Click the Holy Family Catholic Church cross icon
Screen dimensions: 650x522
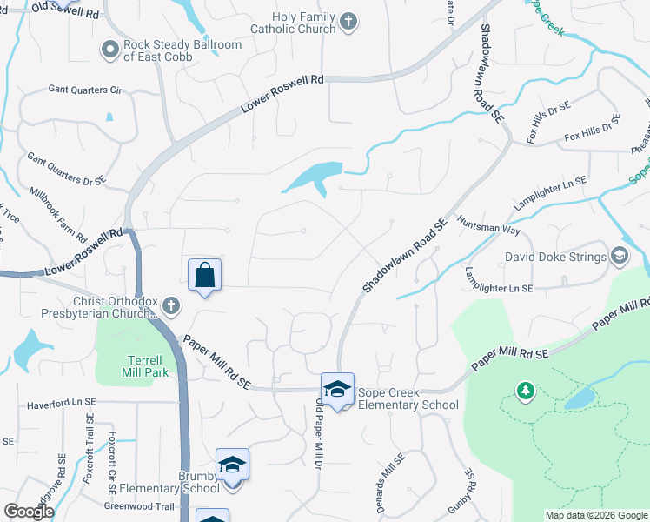pyautogui.click(x=348, y=23)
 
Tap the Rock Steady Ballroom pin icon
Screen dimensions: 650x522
pyautogui.click(x=109, y=50)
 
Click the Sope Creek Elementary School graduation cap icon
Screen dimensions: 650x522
pyautogui.click(x=337, y=389)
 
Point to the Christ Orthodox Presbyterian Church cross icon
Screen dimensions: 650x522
pyautogui.click(x=170, y=305)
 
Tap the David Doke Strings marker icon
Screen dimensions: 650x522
pyautogui.click(x=619, y=256)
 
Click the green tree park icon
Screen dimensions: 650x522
pyautogui.click(x=525, y=392)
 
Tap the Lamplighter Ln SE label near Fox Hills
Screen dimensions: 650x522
pyautogui.click(x=550, y=193)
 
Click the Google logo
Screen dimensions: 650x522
pyautogui.click(x=30, y=512)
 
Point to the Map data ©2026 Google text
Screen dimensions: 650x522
pyautogui.click(x=595, y=515)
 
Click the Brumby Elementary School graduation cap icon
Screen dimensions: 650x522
pyautogui.click(x=232, y=465)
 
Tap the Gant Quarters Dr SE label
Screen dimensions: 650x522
pyautogui.click(x=66, y=169)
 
